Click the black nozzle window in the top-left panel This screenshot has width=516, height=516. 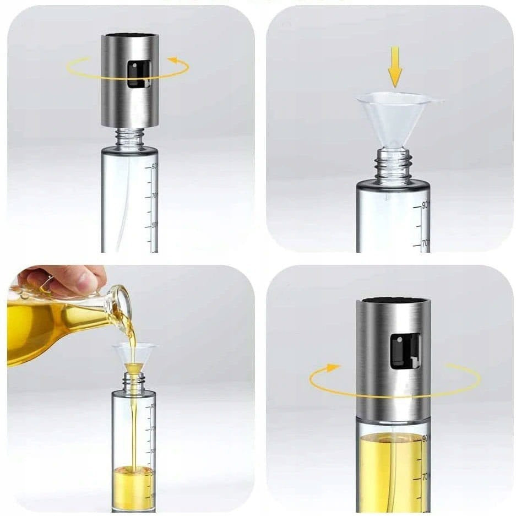click(x=139, y=74)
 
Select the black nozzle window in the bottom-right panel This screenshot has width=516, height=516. click(x=405, y=350)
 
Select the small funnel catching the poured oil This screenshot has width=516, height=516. click(x=134, y=357)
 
